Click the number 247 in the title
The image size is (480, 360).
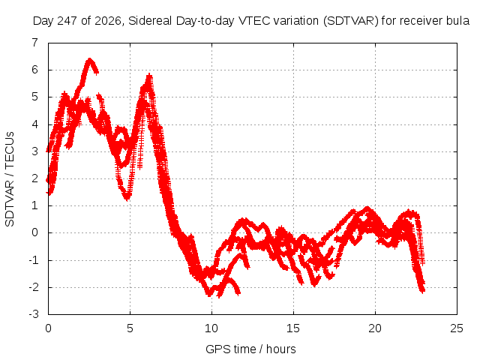(67, 21)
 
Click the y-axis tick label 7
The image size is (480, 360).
(35, 43)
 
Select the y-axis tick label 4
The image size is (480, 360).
(35, 124)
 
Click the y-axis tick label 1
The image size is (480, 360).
(35, 205)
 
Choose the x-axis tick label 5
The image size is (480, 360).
(130, 328)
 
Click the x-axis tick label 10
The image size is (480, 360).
(211, 328)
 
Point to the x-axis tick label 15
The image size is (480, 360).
(293, 328)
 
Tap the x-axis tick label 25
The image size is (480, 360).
(457, 328)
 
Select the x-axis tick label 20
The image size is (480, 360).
(375, 328)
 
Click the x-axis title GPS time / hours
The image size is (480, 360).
(250, 349)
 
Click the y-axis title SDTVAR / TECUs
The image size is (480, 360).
(10, 179)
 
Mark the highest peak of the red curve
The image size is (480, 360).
(89, 59)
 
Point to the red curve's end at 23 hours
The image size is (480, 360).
(423, 290)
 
